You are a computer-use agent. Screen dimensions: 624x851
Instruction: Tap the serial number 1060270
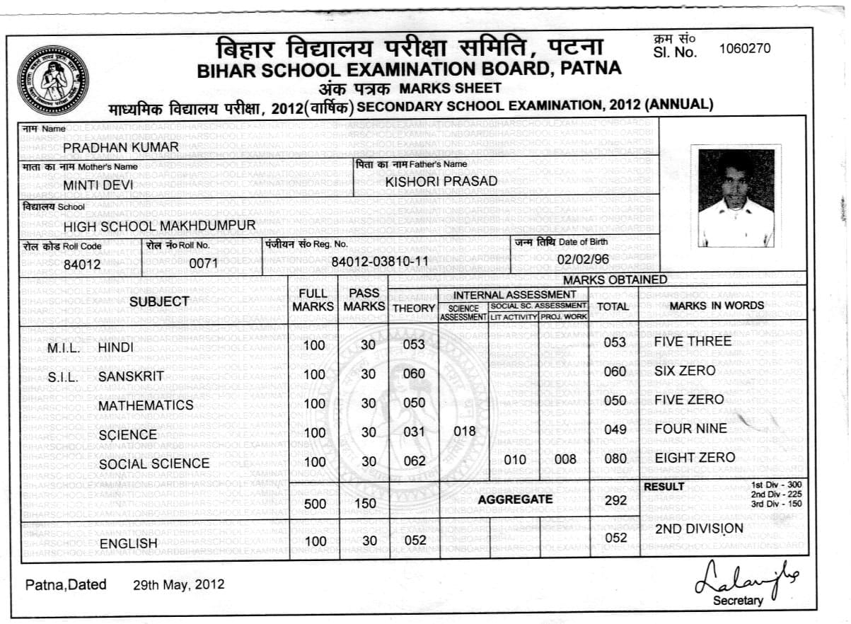tap(745, 49)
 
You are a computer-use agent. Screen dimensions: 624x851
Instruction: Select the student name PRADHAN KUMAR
tap(121, 146)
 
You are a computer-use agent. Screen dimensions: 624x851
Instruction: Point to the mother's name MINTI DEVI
tap(93, 185)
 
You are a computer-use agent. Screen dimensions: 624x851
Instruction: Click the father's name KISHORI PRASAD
tap(441, 181)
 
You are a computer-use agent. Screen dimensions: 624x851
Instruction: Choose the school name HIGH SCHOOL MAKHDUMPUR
tap(159, 226)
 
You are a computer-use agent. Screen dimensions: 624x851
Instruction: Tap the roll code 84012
tap(83, 265)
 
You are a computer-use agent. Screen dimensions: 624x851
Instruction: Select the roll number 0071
tap(204, 263)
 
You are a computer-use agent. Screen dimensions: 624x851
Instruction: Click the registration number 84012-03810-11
tap(380, 261)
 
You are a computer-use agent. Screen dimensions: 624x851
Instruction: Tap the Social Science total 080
tap(615, 458)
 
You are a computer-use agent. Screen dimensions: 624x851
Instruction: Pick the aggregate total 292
tap(615, 501)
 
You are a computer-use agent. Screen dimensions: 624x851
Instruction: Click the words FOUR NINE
tap(690, 429)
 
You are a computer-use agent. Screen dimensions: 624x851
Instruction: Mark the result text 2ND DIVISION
tap(699, 528)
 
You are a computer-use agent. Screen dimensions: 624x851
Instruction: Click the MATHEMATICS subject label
tap(146, 405)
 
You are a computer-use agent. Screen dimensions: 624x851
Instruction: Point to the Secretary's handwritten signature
tap(746, 575)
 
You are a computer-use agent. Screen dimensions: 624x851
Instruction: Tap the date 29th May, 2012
tap(178, 584)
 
